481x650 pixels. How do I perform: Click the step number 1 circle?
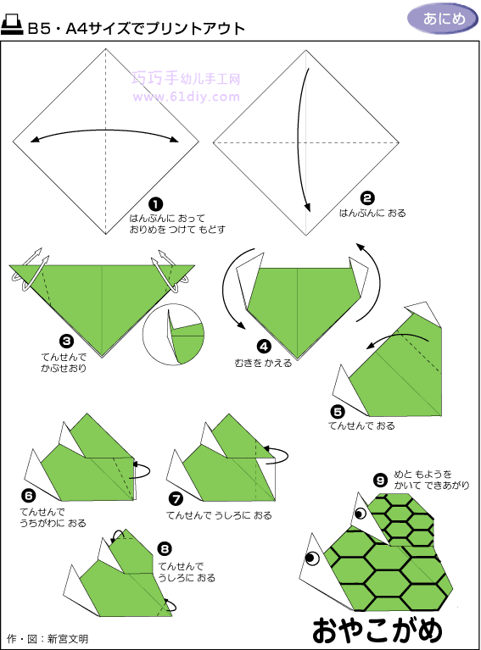tap(155, 204)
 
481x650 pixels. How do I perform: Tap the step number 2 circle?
tap(367, 198)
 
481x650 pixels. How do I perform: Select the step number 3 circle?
tap(66, 342)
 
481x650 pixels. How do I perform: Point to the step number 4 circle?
tap(264, 346)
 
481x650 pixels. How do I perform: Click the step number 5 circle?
tap(338, 411)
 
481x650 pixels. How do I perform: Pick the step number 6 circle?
tap(28, 496)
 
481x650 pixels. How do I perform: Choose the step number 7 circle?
tap(176, 498)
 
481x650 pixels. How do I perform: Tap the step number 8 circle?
tap(165, 549)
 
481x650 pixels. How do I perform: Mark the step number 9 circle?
tap(380, 480)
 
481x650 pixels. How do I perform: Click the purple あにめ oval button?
tap(443, 19)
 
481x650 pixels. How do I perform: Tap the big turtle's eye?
tap(312, 558)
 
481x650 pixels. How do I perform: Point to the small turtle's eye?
tap(361, 514)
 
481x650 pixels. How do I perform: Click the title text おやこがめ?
tap(378, 631)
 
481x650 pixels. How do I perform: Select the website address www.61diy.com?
tap(187, 97)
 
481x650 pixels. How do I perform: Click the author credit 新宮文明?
tap(68, 639)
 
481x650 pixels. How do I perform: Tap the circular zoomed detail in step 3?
tap(173, 335)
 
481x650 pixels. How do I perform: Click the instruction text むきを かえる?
tap(263, 364)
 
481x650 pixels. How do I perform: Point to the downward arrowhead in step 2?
tap(307, 207)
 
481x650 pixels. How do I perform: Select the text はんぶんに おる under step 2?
tap(372, 213)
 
